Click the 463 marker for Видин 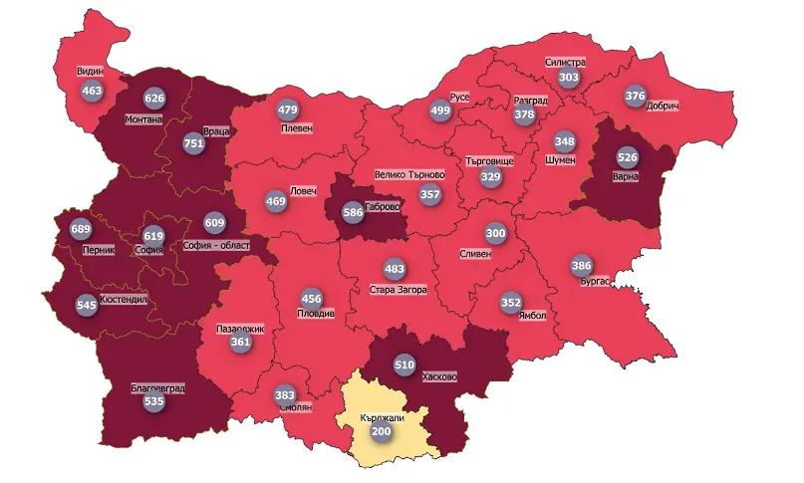[x=93, y=91]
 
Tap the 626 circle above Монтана [x=154, y=99]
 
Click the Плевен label [x=297, y=128]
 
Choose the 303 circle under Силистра [x=569, y=78]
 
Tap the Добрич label [x=662, y=106]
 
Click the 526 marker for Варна [x=627, y=158]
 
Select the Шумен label [x=562, y=159]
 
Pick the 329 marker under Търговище [x=490, y=177]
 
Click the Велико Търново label [x=409, y=175]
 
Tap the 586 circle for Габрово [x=353, y=212]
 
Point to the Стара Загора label [x=398, y=290]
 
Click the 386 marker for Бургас [x=582, y=266]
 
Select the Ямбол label [x=533, y=317]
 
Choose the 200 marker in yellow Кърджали [x=382, y=433]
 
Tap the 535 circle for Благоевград [x=153, y=402]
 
